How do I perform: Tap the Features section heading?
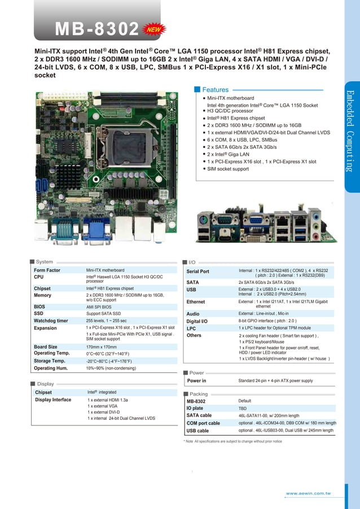pos(215,90)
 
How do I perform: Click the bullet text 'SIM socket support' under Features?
pos(228,169)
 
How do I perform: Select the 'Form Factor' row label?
pos(47,270)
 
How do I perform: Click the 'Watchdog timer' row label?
pos(51,320)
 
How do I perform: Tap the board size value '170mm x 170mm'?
pos(102,347)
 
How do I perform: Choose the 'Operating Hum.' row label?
pos(51,368)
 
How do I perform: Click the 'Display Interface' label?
pos(53,400)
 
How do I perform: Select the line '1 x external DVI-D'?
pos(107,412)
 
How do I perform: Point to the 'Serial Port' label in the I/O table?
pos(197,272)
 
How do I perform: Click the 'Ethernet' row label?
pos(196,302)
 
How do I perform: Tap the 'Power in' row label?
pos(196,381)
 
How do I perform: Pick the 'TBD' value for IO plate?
pos(243,407)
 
